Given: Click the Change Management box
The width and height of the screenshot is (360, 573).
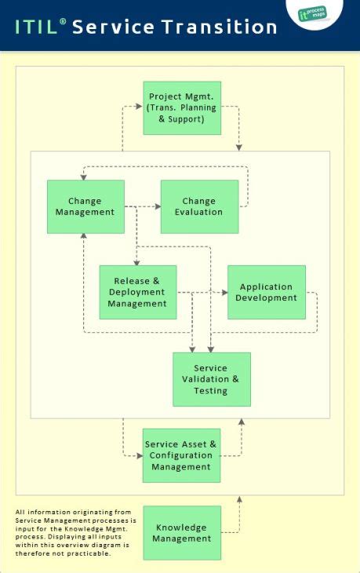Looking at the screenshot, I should coord(85,206).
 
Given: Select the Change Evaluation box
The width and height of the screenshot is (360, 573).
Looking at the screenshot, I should coord(199,206).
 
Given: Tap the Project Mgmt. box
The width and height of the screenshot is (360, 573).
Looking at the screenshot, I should coord(182,108).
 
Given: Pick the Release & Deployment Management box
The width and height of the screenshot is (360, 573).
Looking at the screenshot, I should coord(137,292).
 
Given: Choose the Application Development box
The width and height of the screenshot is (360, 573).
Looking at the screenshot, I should coord(267,292).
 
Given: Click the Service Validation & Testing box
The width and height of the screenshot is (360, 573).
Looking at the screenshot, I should coord(211,379).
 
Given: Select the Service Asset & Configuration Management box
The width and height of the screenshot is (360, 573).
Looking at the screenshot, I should coord(181,455).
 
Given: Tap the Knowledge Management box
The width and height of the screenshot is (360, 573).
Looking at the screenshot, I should coord(182,533).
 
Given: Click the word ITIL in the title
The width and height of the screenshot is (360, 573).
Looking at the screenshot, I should coord(36,27).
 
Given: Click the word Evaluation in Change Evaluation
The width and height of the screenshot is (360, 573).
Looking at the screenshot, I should coord(199,212).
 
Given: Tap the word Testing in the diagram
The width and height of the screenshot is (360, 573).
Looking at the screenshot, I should coord(211,390).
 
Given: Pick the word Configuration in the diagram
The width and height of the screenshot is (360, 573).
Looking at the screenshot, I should coord(181,455).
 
